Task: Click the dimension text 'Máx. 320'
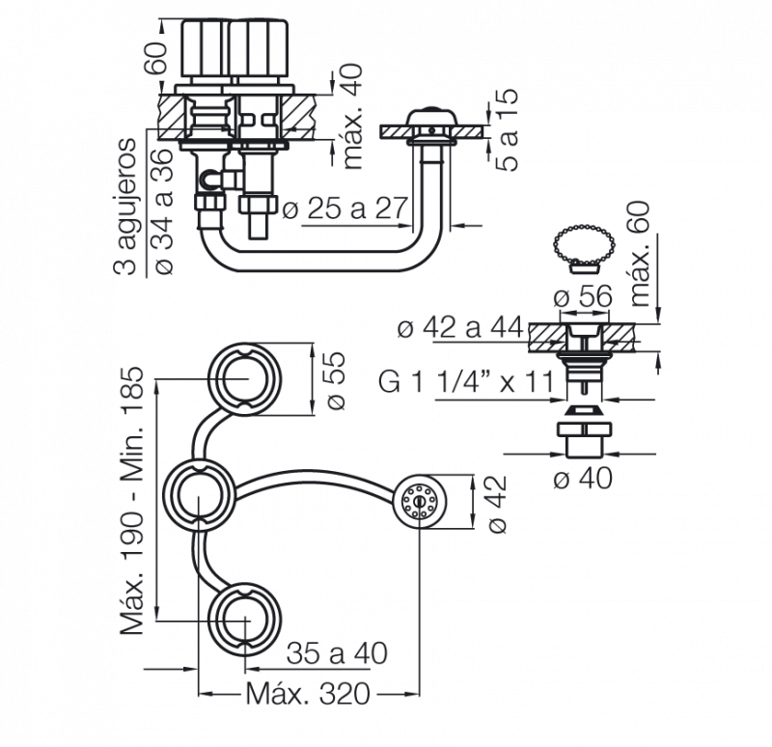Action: [308, 694]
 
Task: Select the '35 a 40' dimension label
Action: [337, 653]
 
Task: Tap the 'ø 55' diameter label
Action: [335, 380]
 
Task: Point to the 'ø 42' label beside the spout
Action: [497, 504]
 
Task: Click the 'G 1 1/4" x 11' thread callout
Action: [466, 381]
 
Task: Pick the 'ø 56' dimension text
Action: [583, 296]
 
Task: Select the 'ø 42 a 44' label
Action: [460, 327]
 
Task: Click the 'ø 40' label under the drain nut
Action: [583, 478]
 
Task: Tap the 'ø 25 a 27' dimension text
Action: [345, 208]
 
